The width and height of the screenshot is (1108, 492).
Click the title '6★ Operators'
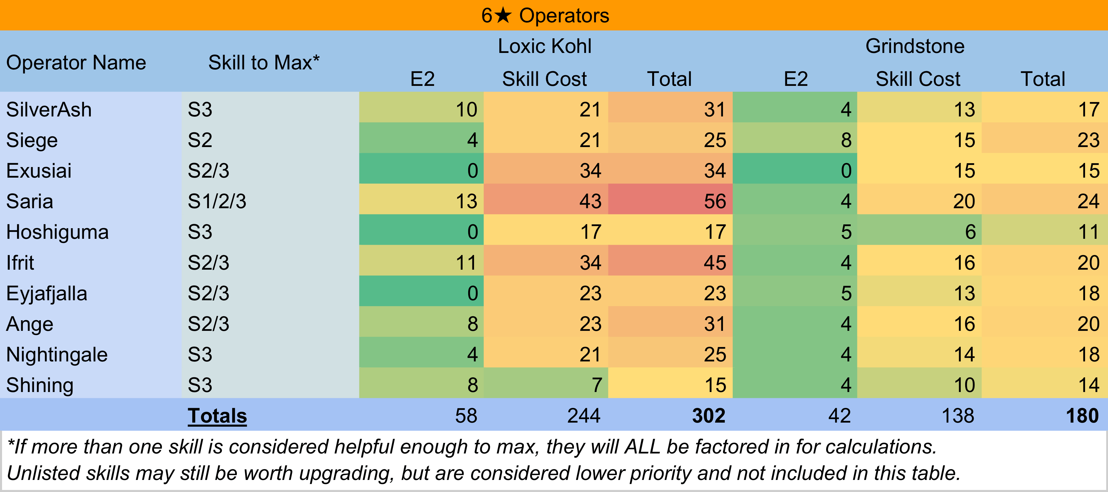[x=545, y=16]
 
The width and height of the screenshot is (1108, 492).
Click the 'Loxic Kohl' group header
[x=545, y=46]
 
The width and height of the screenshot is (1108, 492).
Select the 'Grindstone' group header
[x=915, y=46]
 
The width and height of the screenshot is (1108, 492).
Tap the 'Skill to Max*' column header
[x=264, y=63]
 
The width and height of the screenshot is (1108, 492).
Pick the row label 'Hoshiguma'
[x=57, y=232]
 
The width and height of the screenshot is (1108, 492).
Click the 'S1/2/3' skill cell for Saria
[x=217, y=201]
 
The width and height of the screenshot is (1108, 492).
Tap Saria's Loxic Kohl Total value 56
[x=714, y=201]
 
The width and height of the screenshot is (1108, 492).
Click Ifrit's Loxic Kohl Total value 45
[x=714, y=263]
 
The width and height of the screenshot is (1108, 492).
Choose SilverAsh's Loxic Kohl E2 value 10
[x=466, y=110]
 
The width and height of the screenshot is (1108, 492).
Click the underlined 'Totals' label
[x=217, y=416]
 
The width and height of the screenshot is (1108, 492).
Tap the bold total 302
[x=708, y=416]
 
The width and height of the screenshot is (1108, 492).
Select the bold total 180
[x=1082, y=416]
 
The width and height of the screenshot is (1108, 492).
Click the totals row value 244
[x=584, y=416]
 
